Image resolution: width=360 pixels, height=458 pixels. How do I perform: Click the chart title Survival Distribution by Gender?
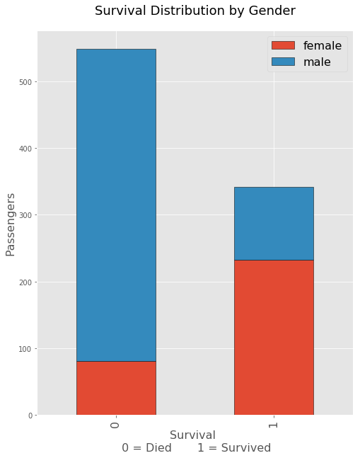(194, 11)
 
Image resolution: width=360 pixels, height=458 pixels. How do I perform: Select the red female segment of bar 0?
(116, 388)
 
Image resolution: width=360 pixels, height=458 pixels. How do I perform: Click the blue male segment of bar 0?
(116, 205)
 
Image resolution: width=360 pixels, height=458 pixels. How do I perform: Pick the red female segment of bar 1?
(274, 337)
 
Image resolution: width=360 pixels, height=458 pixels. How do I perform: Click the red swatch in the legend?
(284, 45)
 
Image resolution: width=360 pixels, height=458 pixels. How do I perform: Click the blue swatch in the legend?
(284, 62)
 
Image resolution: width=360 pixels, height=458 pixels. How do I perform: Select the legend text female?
(323, 45)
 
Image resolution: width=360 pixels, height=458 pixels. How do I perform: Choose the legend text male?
(317, 62)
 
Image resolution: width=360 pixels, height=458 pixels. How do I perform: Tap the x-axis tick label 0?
(115, 424)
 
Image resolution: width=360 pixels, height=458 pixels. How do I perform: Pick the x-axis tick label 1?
(273, 424)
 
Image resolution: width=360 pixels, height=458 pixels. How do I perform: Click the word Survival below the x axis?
(192, 435)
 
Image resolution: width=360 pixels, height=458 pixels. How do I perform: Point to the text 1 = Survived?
(234, 448)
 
